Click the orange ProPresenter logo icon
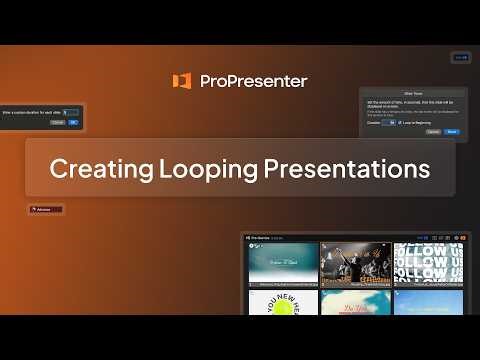[181, 81]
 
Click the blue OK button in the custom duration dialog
[73, 122]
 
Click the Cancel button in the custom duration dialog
[57, 122]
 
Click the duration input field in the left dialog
[70, 112]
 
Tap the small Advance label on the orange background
[46, 210]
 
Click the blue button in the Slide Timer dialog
[452, 131]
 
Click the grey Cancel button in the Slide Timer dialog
[433, 131]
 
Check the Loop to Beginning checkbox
[399, 122]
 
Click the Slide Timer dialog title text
[413, 94]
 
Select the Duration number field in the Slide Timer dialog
[388, 122]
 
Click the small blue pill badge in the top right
[460, 57]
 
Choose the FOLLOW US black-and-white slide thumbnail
[428, 263]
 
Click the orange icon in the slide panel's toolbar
[251, 238]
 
